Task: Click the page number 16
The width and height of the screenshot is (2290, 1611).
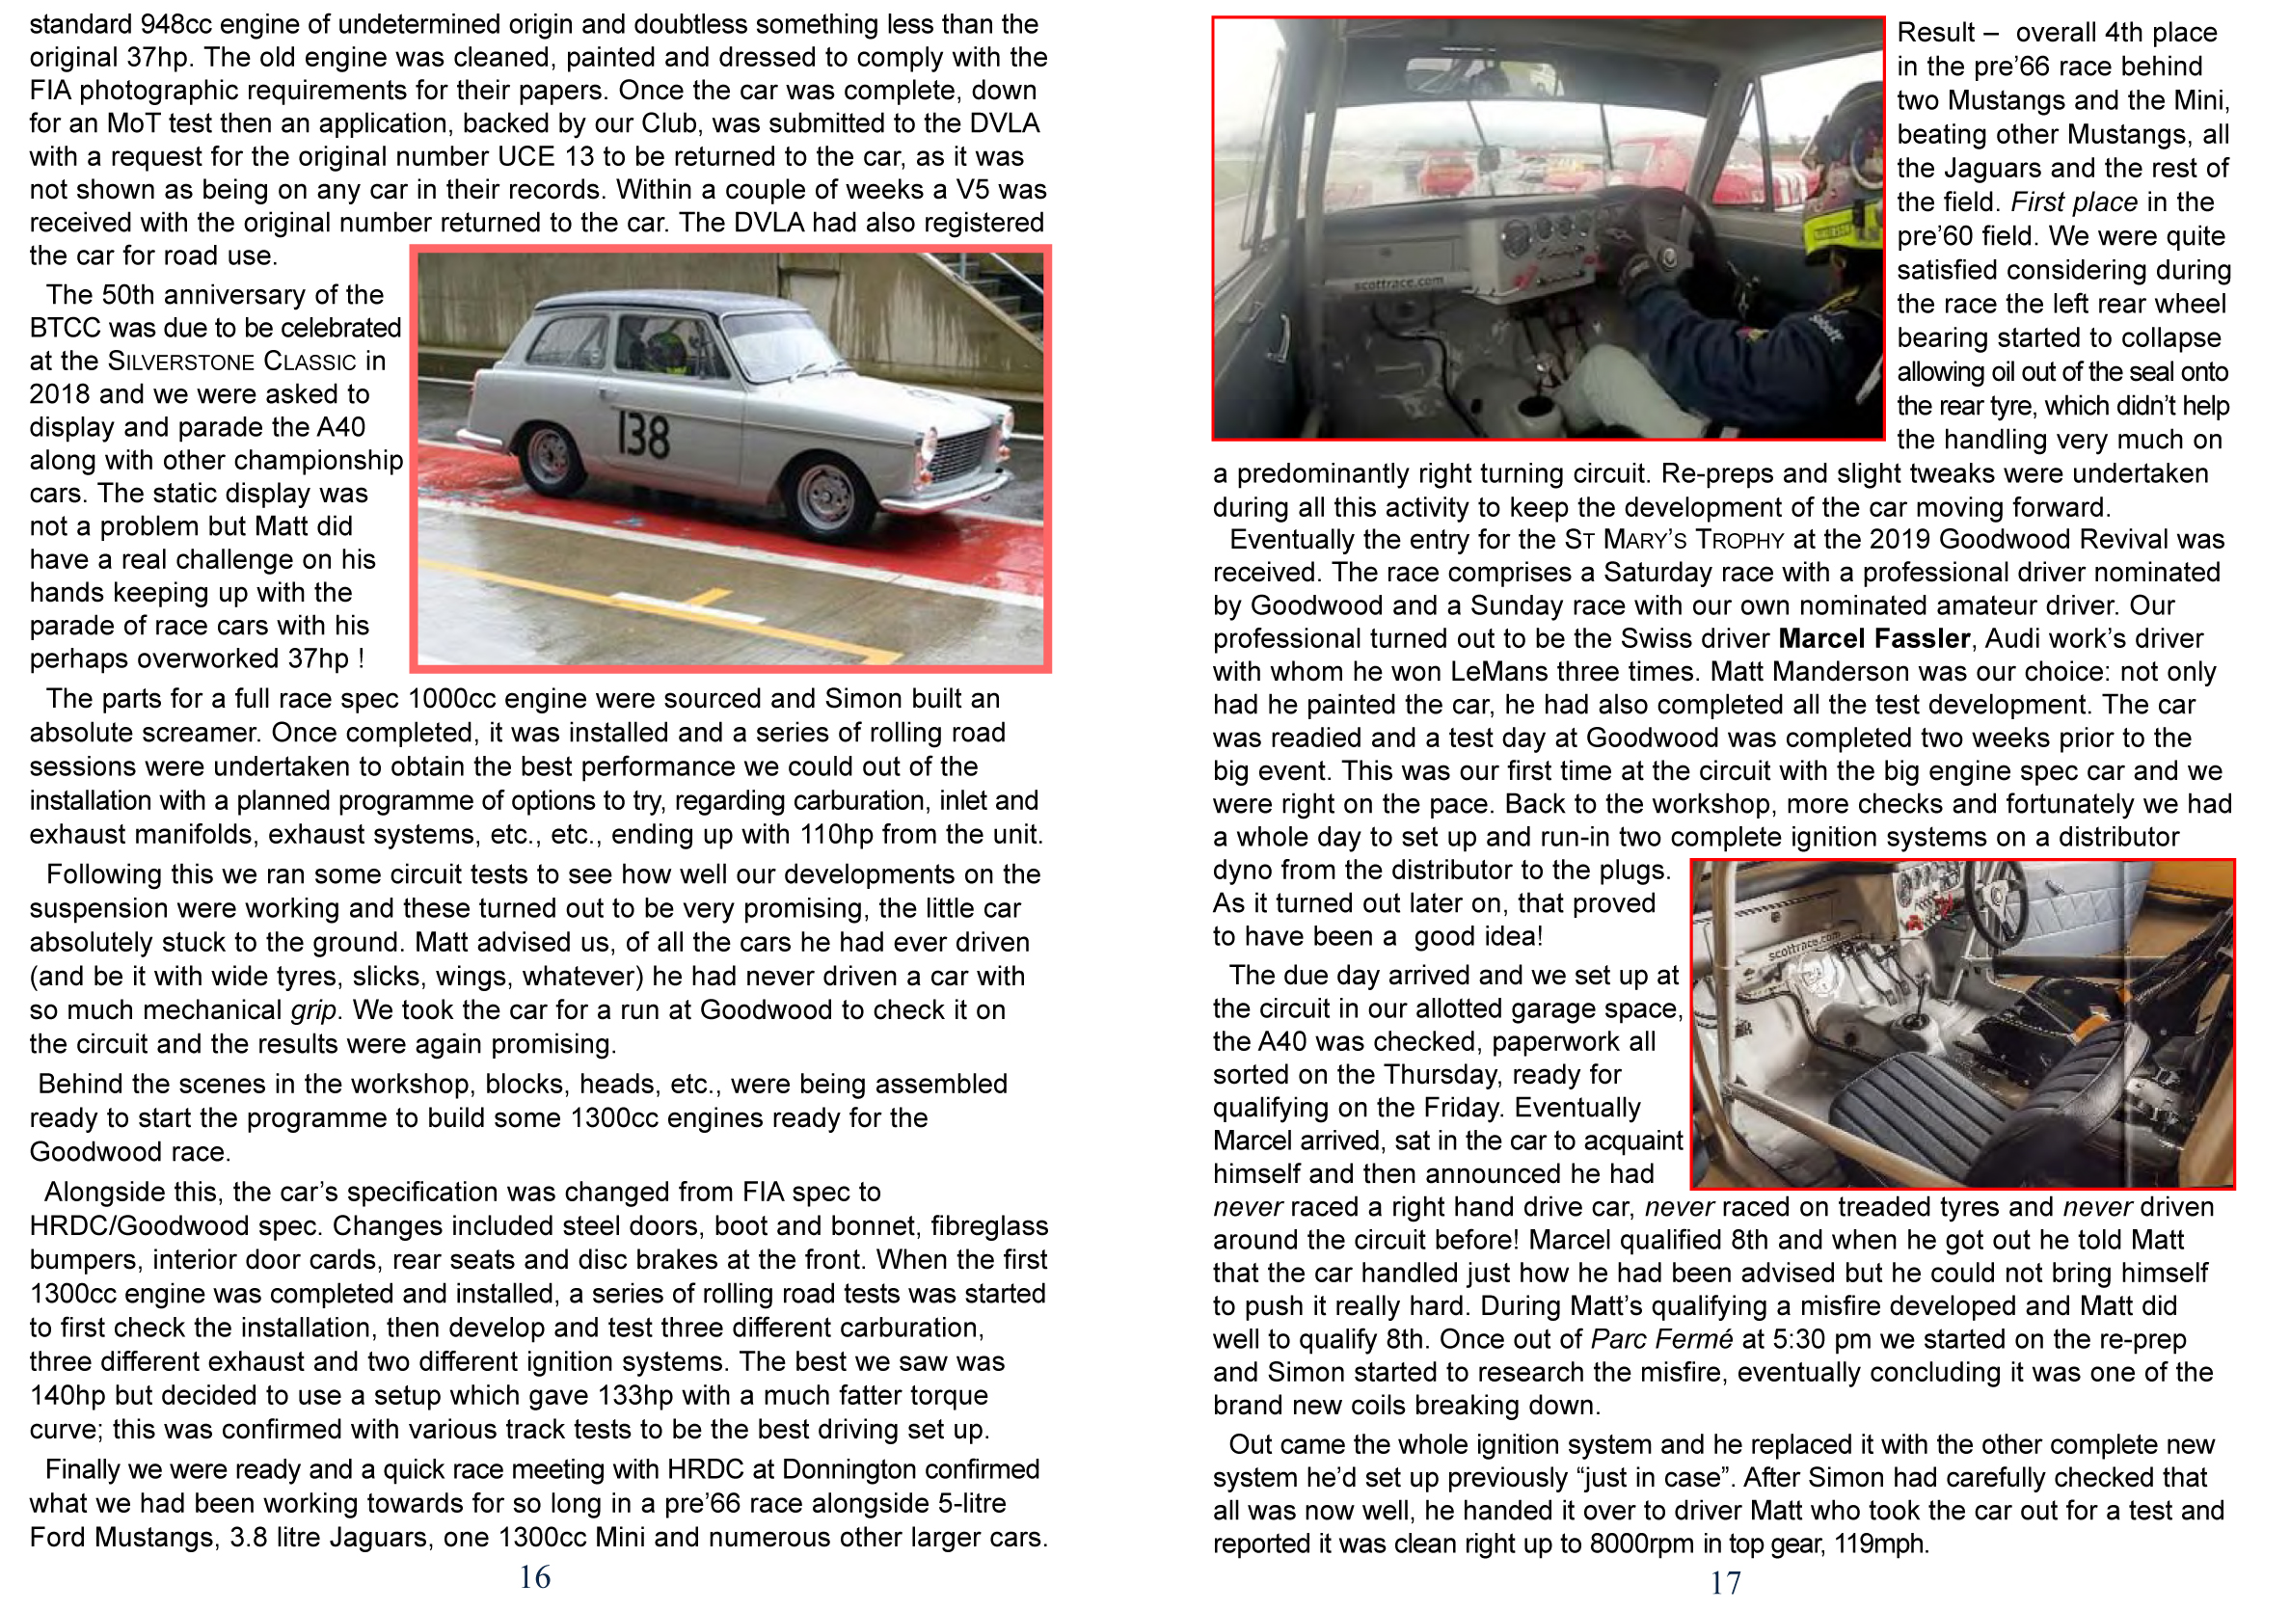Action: point(534,1577)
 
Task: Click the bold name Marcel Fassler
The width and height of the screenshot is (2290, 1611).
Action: point(1874,638)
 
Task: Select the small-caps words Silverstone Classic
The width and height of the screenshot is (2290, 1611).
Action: point(231,362)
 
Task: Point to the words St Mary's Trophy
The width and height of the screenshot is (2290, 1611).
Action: point(1674,540)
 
